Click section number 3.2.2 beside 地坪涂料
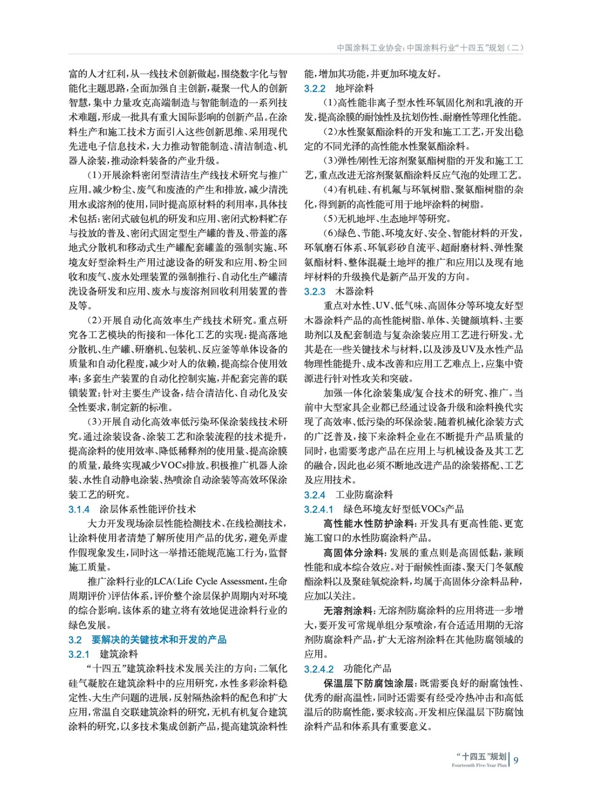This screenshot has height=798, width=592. click(315, 89)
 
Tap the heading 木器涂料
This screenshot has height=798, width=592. click(354, 292)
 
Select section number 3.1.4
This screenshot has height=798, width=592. click(79, 509)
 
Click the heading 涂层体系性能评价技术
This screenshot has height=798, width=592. click(148, 509)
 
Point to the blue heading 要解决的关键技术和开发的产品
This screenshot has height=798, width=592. click(159, 640)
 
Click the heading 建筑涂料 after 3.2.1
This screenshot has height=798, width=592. click(119, 654)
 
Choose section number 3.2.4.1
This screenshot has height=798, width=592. click(319, 509)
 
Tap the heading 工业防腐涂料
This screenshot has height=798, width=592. click(364, 495)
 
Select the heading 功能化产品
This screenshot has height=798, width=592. click(367, 669)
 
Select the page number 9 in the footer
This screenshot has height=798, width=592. click(516, 760)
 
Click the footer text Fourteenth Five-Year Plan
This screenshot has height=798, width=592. click(479, 766)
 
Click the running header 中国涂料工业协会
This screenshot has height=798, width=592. click(370, 48)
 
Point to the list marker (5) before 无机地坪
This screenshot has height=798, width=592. click(331, 219)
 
